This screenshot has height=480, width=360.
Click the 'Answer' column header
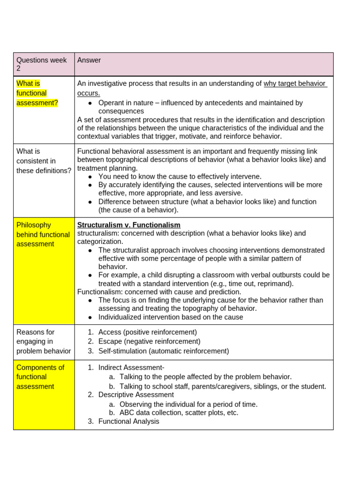pyautogui.click(x=89, y=60)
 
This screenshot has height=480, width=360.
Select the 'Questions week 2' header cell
pyautogui.click(x=41, y=64)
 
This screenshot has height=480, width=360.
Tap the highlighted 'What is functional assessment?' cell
pyautogui.click(x=37, y=93)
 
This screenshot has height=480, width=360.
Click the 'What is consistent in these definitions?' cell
pyautogui.click(x=44, y=161)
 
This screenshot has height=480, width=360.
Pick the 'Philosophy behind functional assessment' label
pyautogui.click(x=40, y=234)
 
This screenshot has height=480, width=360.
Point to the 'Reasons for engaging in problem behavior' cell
pyautogui.click(x=44, y=341)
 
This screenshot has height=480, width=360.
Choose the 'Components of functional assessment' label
pyautogui.click(x=40, y=377)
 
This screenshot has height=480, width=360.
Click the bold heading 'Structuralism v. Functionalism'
pyautogui.click(x=128, y=225)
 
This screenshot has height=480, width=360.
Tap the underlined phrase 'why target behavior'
pyautogui.click(x=294, y=83)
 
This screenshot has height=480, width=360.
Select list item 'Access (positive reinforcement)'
pyautogui.click(x=147, y=332)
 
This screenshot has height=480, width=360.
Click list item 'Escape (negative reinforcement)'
pyautogui.click(x=149, y=341)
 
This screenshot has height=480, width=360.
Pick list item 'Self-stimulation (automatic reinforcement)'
pyautogui.click(x=164, y=351)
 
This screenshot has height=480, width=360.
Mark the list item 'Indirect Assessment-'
pyautogui.click(x=131, y=367)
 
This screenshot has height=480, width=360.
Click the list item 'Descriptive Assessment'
pyautogui.click(x=136, y=395)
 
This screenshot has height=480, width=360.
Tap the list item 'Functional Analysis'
pyautogui.click(x=128, y=421)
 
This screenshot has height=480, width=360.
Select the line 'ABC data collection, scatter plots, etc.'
pyautogui.click(x=179, y=412)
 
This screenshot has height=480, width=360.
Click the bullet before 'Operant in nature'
pyautogui.click(x=90, y=103)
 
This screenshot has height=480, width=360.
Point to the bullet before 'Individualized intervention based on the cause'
pyautogui.click(x=90, y=317)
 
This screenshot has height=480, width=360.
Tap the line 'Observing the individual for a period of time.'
pyautogui.click(x=188, y=404)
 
